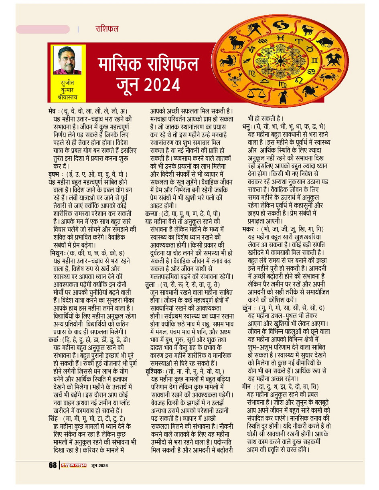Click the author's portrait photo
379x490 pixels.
click(x=67, y=60)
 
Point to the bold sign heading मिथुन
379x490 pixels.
click(x=59, y=253)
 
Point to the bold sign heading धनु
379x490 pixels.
click(x=246, y=127)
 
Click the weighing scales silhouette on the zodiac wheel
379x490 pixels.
click(x=253, y=93)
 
